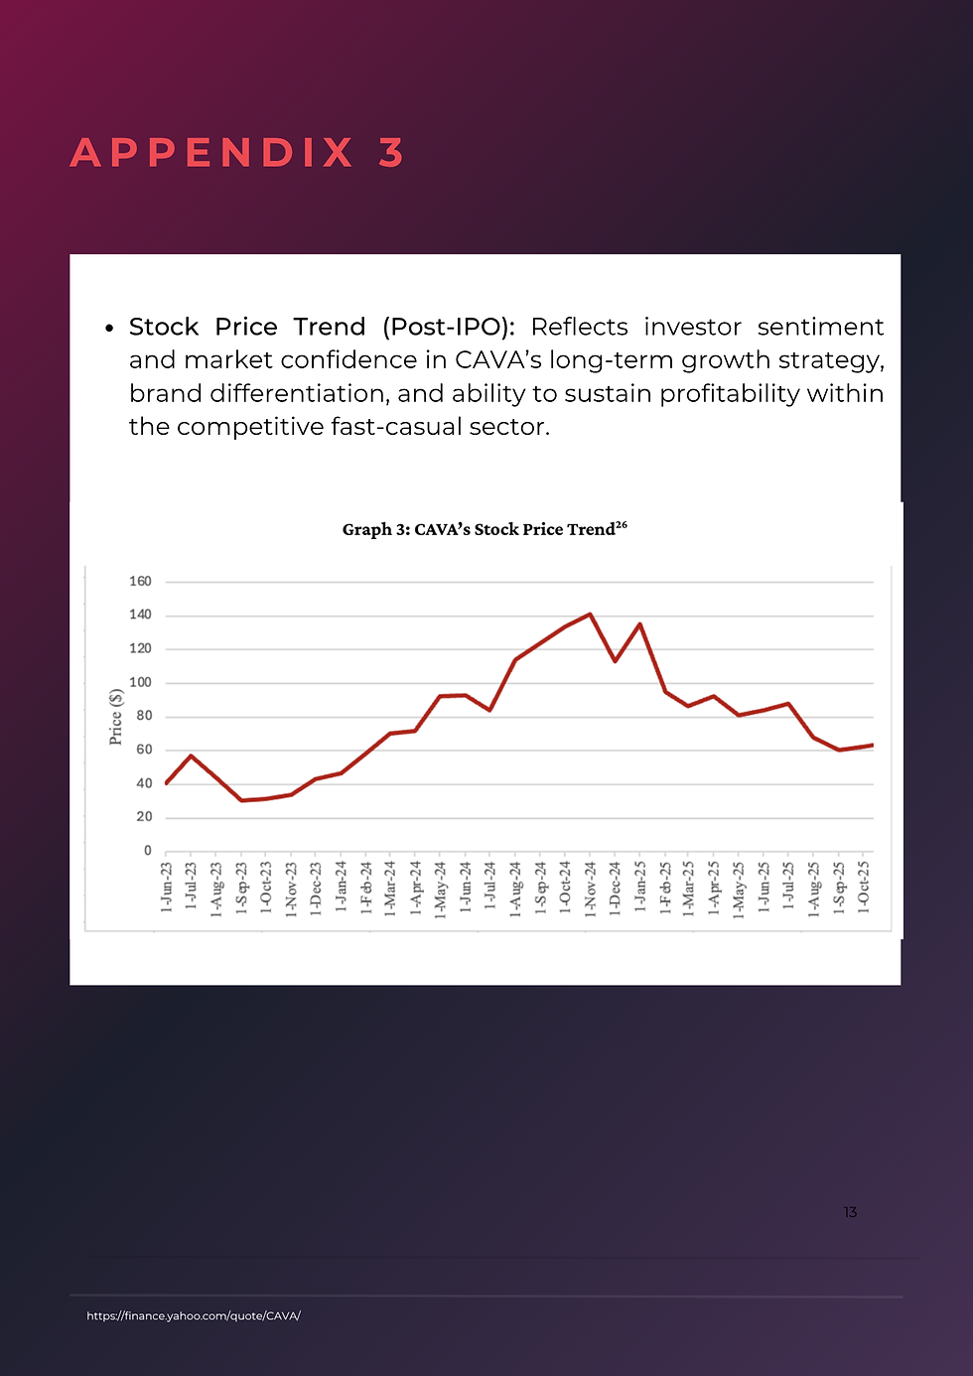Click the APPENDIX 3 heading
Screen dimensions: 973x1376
coord(237,152)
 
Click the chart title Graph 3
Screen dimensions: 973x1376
coord(485,529)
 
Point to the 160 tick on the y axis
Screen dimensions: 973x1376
coord(140,581)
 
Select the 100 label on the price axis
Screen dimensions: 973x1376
coord(140,682)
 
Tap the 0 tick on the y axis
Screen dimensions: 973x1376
coord(147,851)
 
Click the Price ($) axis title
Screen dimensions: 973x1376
coord(115,716)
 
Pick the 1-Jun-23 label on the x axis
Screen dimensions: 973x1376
coord(166,887)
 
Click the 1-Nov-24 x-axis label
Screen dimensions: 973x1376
coord(591,889)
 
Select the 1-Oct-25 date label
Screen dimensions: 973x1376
coord(864,887)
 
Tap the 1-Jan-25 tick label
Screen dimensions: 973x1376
coord(640,886)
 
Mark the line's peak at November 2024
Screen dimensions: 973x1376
coord(591,614)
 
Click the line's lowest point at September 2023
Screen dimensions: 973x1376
coord(241,800)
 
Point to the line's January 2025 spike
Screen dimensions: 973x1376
coord(640,624)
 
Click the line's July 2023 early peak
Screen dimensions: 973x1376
coord(191,756)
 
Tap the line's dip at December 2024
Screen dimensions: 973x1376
coord(615,661)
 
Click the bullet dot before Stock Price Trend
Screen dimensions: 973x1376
coord(109,329)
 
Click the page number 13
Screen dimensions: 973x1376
coord(850,1212)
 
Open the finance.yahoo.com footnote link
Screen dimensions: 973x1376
coord(194,1315)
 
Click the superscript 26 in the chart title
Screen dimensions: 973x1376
coord(621,524)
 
